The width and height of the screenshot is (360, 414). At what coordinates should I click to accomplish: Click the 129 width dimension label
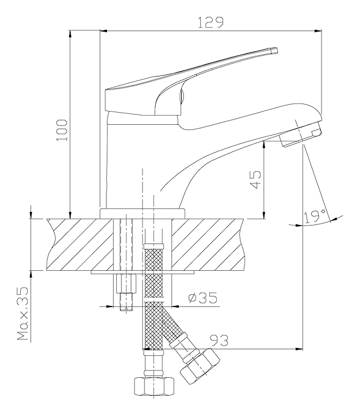(210, 22)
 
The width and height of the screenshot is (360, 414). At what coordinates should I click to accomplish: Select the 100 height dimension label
(62, 130)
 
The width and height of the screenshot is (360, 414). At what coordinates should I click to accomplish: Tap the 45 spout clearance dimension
(255, 179)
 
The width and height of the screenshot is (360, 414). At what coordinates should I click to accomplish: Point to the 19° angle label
(314, 217)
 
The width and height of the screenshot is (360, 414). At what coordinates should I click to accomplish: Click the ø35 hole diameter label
(203, 298)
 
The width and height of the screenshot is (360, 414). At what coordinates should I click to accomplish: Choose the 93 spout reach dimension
(219, 340)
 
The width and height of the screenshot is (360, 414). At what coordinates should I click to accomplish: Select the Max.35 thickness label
(22, 314)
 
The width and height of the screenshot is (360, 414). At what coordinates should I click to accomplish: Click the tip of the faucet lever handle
(275, 51)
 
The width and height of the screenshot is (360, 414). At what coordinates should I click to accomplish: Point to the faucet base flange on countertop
(143, 213)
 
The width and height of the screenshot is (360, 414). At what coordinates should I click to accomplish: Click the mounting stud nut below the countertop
(126, 283)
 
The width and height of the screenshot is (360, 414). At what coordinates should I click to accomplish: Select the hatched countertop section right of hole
(207, 244)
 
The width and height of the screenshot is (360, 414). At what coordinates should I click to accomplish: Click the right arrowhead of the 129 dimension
(319, 31)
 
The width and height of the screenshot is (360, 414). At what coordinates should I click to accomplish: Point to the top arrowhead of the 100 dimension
(70, 34)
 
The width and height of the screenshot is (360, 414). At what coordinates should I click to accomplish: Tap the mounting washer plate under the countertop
(143, 272)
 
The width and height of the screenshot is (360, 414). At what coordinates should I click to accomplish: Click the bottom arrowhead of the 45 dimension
(263, 215)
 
